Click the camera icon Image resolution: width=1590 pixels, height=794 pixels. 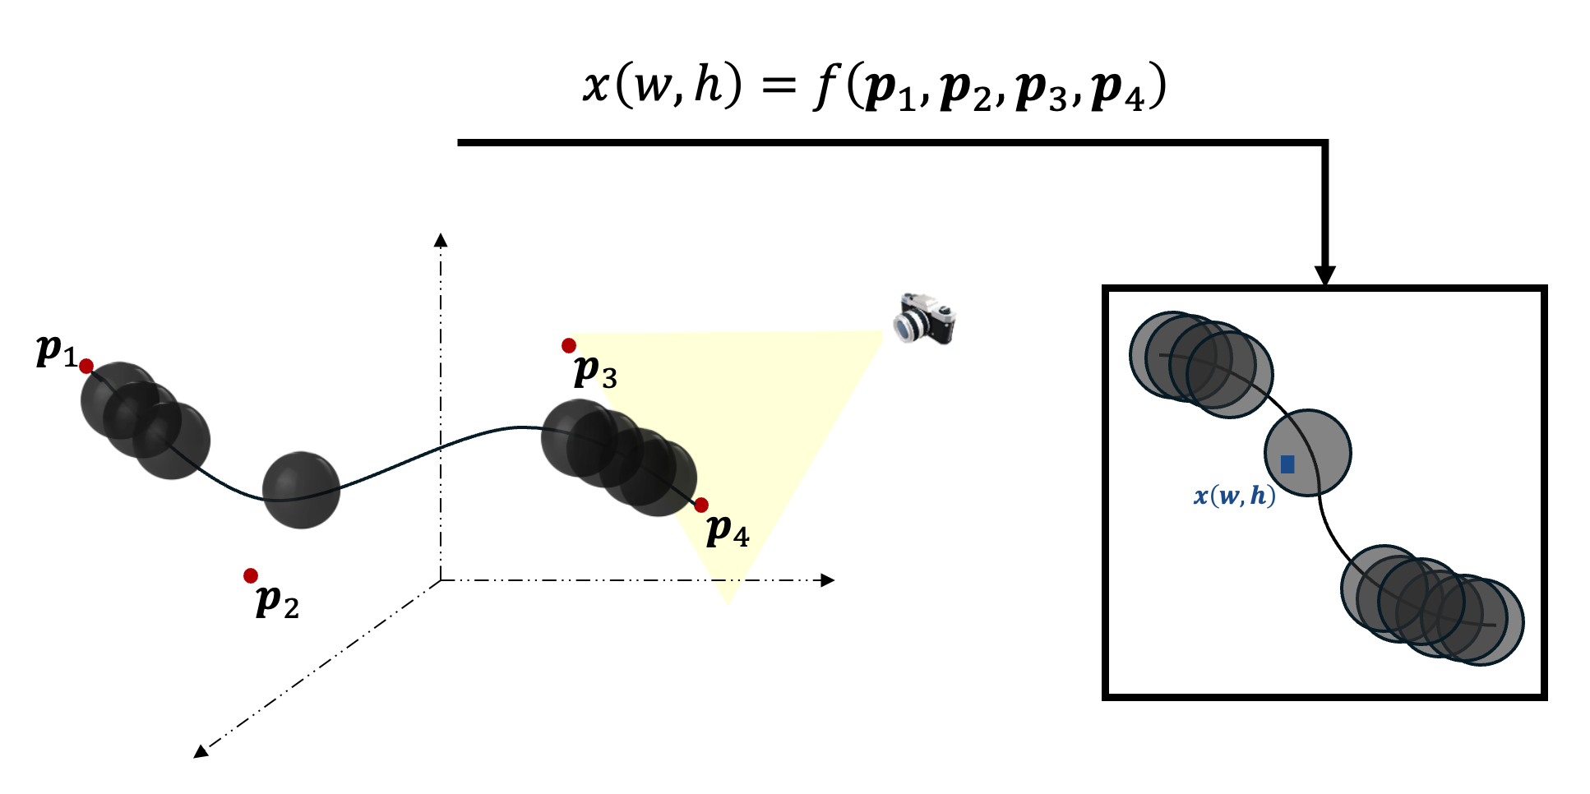[x=926, y=318]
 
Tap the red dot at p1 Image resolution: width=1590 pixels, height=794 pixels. [x=86, y=366]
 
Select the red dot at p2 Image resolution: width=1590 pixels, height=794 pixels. [x=251, y=575]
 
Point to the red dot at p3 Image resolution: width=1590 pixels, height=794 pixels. [x=569, y=345]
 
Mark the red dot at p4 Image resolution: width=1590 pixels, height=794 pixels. [x=701, y=505]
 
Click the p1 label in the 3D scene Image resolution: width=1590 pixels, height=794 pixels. [x=56, y=351]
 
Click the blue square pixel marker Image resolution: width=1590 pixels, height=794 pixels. [x=1287, y=464]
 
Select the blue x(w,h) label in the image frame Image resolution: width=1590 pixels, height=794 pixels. [x=1234, y=496]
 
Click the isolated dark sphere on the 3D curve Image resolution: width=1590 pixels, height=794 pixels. [x=301, y=490]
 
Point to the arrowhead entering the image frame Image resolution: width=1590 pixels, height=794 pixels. [x=1324, y=275]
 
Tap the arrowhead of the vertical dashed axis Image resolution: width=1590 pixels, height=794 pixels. [x=441, y=240]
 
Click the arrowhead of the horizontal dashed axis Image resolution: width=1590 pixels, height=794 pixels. [x=827, y=580]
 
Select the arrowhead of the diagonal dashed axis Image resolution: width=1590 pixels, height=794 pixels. [x=200, y=751]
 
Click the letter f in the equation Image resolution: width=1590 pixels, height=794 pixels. [x=826, y=86]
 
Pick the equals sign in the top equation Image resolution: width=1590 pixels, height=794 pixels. [x=778, y=85]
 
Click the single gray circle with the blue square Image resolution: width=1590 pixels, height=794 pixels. [x=1307, y=453]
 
